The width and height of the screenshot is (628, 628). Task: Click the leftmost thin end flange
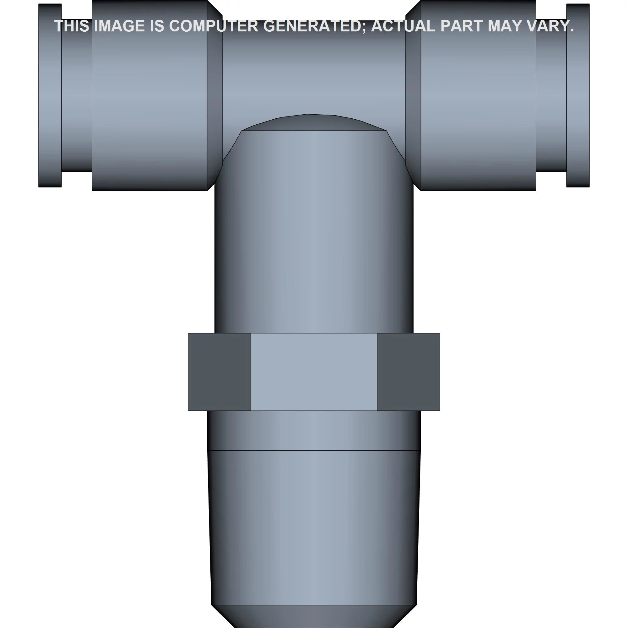coord(50,98)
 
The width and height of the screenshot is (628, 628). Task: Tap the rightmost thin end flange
coord(578,98)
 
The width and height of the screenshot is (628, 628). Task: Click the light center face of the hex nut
coord(314,372)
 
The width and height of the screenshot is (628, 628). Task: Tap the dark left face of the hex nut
coord(219,372)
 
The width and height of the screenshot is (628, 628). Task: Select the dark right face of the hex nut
coord(408,372)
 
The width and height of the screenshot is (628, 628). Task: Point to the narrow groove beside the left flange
coord(77,98)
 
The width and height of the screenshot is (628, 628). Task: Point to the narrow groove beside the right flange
coord(551,98)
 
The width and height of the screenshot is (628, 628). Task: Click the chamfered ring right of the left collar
coord(214,98)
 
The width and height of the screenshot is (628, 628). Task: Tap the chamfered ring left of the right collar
coord(413,98)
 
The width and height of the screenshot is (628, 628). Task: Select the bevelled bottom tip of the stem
coord(314,616)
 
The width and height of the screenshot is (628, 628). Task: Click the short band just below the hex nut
coord(314,430)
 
